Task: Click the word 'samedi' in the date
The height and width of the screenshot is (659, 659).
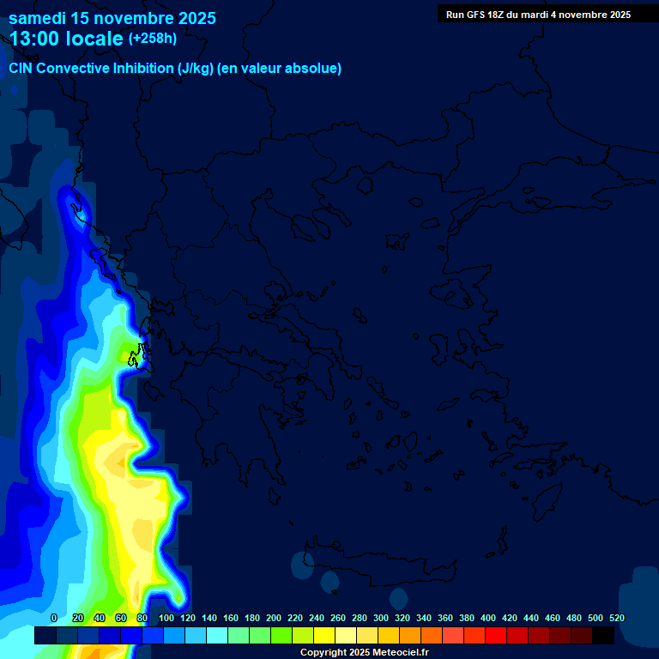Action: [37, 18]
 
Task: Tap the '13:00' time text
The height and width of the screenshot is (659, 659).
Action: [38, 39]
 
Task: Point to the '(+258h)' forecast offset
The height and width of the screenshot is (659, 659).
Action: [152, 39]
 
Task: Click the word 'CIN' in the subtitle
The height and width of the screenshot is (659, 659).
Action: [21, 69]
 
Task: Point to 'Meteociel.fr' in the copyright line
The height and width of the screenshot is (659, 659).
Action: [397, 653]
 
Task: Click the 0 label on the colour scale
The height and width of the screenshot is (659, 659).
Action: [53, 618]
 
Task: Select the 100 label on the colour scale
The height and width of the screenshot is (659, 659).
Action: [166, 618]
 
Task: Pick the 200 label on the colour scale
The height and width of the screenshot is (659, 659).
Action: [274, 618]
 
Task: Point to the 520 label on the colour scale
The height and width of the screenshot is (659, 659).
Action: [616, 618]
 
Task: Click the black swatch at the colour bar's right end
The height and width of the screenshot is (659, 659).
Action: [603, 636]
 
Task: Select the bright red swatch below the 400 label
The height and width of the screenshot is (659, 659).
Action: [496, 636]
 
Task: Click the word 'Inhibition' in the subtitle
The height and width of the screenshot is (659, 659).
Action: [144, 69]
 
